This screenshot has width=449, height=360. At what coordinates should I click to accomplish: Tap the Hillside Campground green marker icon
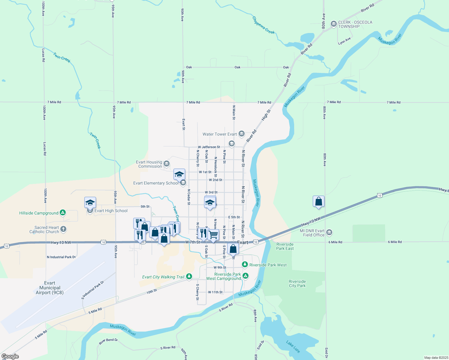[63, 213]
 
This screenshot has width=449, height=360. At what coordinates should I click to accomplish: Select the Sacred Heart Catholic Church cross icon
[63, 229]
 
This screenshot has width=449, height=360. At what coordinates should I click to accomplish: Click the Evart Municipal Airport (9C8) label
[50, 288]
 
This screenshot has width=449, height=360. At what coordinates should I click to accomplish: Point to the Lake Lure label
[293, 346]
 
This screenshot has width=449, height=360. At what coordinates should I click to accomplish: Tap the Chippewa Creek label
[263, 25]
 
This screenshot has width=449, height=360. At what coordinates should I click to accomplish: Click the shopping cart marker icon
[213, 235]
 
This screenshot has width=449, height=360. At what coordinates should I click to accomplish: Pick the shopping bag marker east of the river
[318, 202]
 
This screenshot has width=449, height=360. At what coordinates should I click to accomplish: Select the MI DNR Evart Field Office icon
[329, 232]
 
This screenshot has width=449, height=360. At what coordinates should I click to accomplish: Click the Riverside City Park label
[297, 283]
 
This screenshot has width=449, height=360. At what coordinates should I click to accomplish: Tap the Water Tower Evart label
[220, 134]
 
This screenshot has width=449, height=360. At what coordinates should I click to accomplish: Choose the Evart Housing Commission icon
[167, 164]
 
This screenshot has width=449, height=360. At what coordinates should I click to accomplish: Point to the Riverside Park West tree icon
[245, 265]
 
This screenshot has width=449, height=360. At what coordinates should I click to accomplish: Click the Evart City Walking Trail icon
[189, 277]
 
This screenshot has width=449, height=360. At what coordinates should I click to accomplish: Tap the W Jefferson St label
[209, 147]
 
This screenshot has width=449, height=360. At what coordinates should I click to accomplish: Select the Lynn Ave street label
[344, 41]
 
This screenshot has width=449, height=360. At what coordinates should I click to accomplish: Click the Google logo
[10, 356]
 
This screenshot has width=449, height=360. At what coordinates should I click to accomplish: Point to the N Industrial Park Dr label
[61, 257]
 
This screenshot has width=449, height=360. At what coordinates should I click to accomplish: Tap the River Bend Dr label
[108, 341]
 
